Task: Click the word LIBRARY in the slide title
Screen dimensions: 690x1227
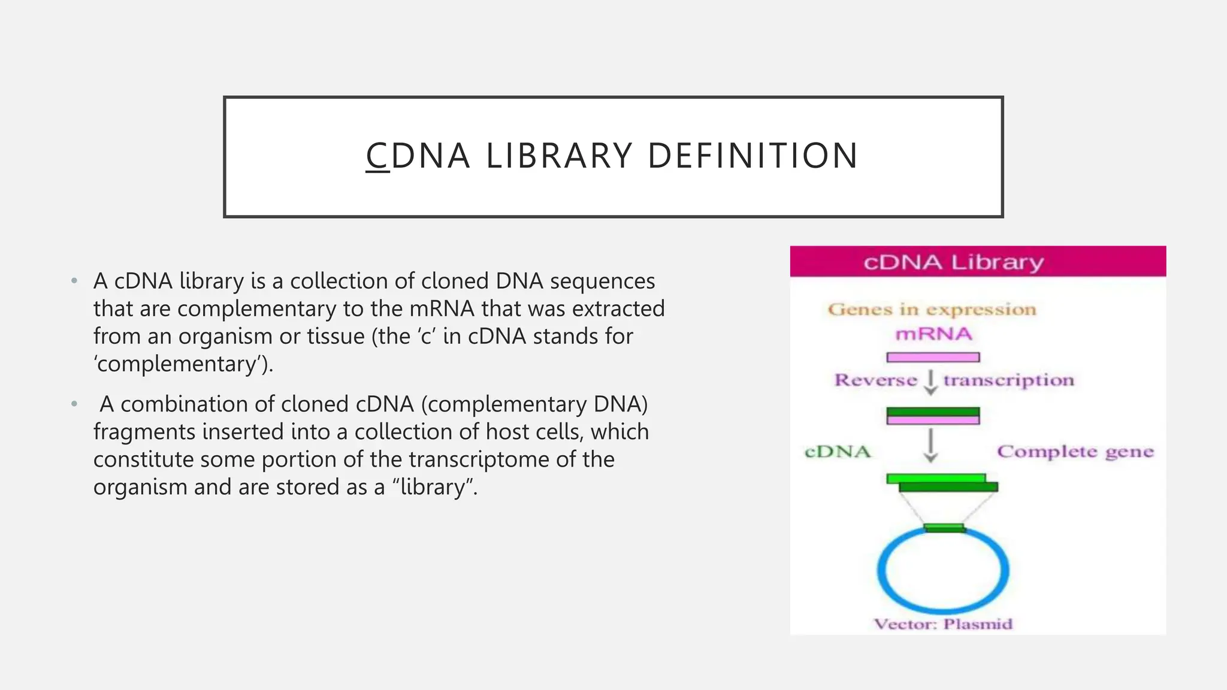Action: point(558,156)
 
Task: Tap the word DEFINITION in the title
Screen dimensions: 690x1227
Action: point(753,156)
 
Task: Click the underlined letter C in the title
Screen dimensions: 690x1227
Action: point(377,156)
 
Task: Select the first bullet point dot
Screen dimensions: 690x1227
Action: point(74,281)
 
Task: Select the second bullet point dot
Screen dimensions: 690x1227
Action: point(74,404)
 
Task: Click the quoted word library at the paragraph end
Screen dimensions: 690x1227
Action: point(433,487)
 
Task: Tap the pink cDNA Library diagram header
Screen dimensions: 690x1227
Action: point(977,262)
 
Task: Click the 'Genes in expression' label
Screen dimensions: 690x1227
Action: point(932,310)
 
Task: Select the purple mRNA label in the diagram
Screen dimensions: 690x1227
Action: point(933,334)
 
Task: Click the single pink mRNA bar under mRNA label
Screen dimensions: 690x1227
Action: point(933,358)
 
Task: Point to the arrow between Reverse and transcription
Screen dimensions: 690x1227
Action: point(930,382)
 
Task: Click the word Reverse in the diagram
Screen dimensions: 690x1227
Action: point(875,380)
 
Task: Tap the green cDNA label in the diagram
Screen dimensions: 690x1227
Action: point(837,452)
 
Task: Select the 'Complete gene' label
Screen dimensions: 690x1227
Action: point(1075,452)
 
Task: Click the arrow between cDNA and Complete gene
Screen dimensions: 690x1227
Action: point(930,446)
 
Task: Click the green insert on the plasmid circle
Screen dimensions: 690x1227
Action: point(944,528)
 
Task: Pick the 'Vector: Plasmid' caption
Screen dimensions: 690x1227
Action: point(943,624)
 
